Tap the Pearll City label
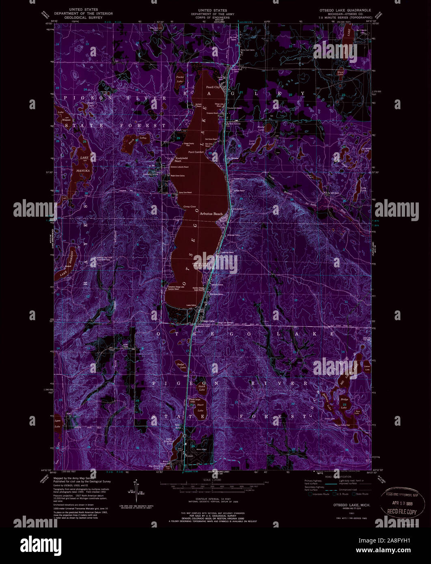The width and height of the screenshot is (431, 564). click(213, 87)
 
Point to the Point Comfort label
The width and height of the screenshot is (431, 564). click(196, 152)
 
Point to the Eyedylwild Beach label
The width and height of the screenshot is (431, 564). click(180, 159)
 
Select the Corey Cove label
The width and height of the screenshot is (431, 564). click(190, 206)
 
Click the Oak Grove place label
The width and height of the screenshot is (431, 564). click(234, 124)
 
